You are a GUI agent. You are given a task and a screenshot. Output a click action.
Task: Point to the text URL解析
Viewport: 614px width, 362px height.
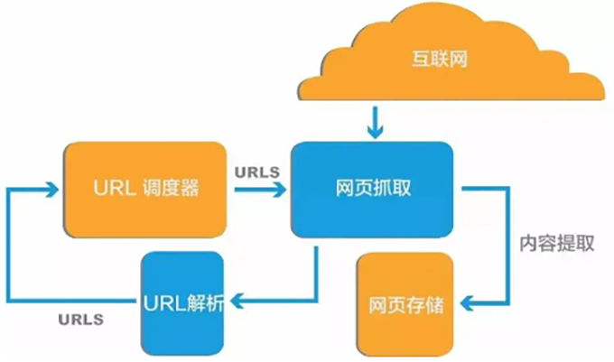[182, 302]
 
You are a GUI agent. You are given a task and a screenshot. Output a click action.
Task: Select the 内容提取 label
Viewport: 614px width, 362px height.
[556, 244]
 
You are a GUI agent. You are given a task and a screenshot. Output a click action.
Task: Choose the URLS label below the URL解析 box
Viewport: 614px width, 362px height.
[80, 319]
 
